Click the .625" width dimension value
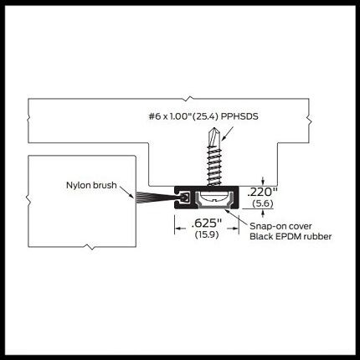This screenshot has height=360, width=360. (x=207, y=224)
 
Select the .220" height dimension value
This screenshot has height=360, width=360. (x=262, y=192)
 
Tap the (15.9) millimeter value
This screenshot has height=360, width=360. (x=207, y=234)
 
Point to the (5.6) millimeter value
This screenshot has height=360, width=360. (x=263, y=203)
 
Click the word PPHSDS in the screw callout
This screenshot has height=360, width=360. (x=239, y=116)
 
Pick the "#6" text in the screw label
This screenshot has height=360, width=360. (x=155, y=116)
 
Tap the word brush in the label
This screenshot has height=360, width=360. (x=105, y=185)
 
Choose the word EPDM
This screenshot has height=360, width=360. (x=288, y=237)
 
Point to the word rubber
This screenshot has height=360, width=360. (x=317, y=237)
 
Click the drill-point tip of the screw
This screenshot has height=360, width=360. (x=214, y=129)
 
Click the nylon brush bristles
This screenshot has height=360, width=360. (x=154, y=197)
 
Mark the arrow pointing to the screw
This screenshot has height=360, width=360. (x=227, y=133)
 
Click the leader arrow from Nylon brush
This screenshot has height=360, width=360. (x=126, y=193)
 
